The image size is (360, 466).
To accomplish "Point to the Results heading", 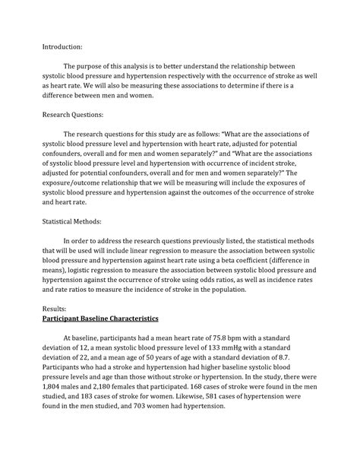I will point(55,311).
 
